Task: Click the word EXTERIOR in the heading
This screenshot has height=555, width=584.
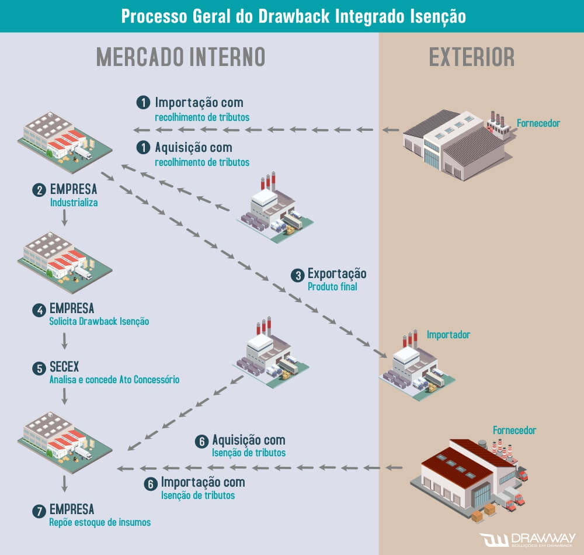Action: (x=472, y=57)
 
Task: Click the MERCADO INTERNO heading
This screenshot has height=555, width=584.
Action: (x=180, y=57)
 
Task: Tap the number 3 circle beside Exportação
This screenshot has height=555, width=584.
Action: (x=298, y=275)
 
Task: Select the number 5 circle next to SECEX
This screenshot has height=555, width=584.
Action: (x=39, y=369)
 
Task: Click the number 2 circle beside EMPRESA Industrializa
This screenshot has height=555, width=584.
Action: (x=39, y=190)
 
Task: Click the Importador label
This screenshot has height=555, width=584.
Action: (x=448, y=335)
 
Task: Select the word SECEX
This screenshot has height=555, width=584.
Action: (x=64, y=367)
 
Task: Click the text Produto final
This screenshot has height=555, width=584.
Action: (x=332, y=287)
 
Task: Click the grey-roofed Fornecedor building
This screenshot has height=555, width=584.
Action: (x=456, y=143)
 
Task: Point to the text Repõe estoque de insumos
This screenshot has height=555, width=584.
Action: (x=100, y=522)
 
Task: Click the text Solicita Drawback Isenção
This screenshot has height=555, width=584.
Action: (x=99, y=321)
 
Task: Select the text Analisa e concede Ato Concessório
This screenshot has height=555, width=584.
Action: (x=114, y=380)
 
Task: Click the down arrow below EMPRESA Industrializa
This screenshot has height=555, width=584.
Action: (x=64, y=218)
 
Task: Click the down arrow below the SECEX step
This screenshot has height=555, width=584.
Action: (x=64, y=397)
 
